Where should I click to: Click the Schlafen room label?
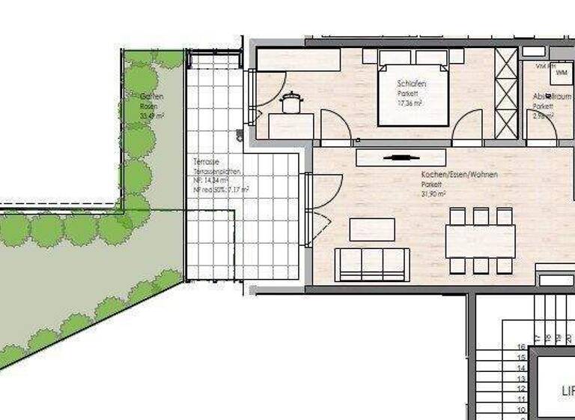tap(411, 84)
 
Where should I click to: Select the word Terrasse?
tap(207, 162)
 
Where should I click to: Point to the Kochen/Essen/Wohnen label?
tap(459, 174)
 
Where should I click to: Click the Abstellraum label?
tap(546, 97)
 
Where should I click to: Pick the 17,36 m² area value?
tap(411, 103)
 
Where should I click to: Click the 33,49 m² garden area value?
tap(152, 116)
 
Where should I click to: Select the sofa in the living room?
tap(372, 265)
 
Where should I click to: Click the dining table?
tap(480, 241)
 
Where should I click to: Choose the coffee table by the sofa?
tap(372, 229)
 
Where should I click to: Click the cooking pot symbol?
tap(290, 101)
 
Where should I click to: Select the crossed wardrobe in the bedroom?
tap(507, 93)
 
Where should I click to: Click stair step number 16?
tap(521, 347)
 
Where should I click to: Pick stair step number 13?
tap(521, 379)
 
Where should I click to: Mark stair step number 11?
tap(521, 401)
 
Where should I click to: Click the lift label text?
tap(568, 391)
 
